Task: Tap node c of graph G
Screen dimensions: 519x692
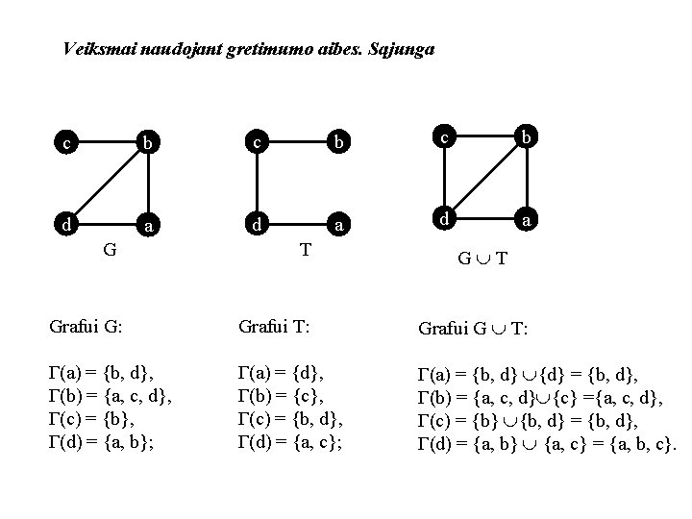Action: click(64, 144)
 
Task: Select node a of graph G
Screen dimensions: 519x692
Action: click(147, 226)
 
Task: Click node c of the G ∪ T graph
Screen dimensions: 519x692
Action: click(443, 138)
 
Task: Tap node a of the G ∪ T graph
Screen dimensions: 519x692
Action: click(526, 220)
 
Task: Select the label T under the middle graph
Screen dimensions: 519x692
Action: click(305, 250)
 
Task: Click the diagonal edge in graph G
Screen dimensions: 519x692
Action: click(106, 185)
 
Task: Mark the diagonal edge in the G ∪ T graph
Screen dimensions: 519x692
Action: click(484, 179)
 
